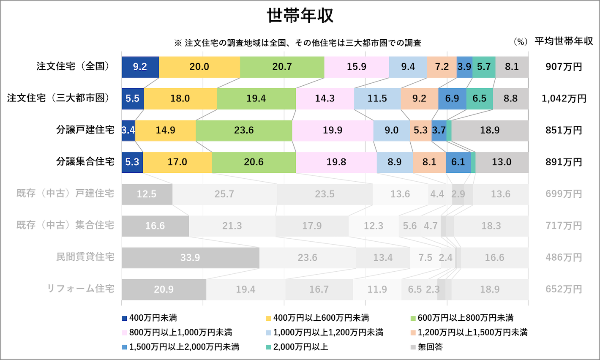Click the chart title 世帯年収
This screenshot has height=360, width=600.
click(300, 16)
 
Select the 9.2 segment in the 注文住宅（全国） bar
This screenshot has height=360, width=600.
click(140, 67)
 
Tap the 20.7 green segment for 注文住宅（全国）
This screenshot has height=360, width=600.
click(282, 67)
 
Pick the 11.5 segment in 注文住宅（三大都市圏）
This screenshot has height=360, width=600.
click(377, 98)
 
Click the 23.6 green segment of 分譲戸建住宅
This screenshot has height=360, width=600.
click(244, 130)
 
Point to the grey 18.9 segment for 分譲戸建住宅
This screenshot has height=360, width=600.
click(490, 130)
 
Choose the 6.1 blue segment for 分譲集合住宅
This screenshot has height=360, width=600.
click(458, 162)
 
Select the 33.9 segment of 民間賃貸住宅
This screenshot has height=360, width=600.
click(190, 257)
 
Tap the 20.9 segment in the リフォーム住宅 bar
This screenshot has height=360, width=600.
click(164, 289)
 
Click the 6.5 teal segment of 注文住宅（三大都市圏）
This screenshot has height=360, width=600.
click(479, 98)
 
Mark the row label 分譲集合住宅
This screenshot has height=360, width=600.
click(85, 162)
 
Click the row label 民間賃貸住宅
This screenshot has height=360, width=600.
click(85, 257)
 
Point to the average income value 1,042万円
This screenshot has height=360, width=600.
click(564, 98)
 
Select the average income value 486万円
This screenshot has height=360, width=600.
click(564, 257)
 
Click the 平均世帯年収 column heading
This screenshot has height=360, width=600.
click(564, 41)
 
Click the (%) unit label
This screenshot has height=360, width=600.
click(520, 42)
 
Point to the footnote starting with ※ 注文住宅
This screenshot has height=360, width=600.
click(297, 43)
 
